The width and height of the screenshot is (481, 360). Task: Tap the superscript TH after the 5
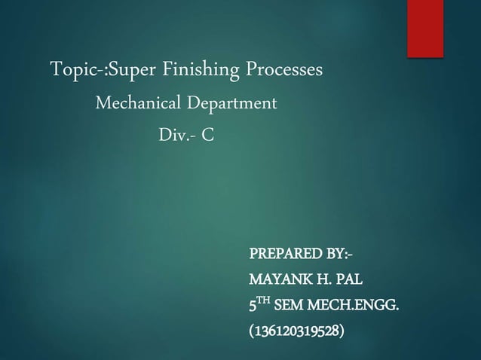tap(265, 302)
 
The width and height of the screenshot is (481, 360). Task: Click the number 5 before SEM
tap(253, 306)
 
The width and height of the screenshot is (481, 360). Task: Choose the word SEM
tap(290, 306)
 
